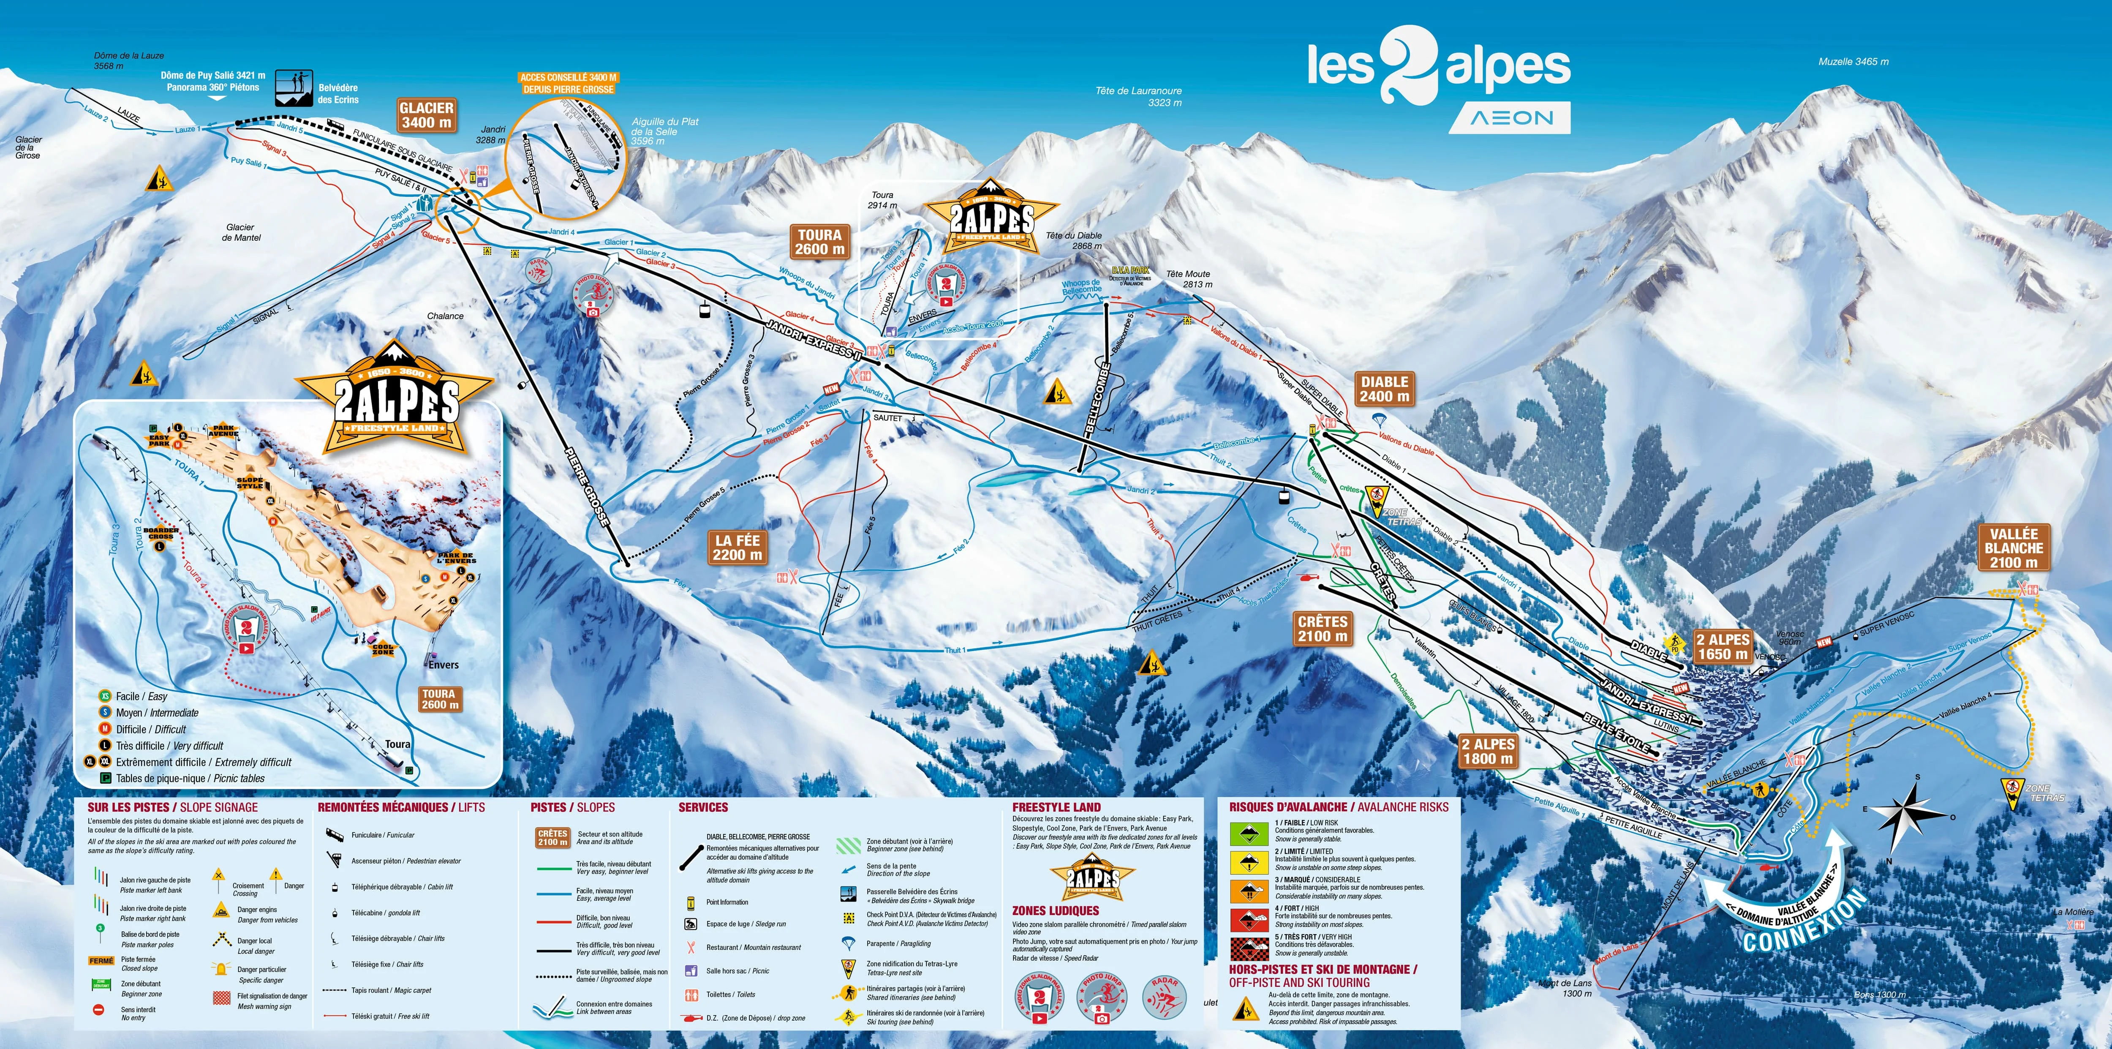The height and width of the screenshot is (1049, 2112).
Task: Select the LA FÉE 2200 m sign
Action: coord(737,547)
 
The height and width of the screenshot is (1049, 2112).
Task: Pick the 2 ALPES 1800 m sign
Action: coord(1488,750)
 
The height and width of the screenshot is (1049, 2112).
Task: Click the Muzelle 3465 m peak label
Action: coord(1853,62)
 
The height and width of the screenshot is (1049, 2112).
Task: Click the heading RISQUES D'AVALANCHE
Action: coord(1287,807)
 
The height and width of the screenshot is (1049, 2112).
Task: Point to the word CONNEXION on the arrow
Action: coord(1804,923)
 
